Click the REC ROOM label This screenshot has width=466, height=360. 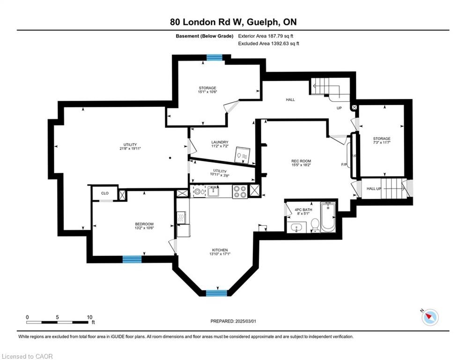(301, 161)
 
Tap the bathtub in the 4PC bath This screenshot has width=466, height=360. (328, 216)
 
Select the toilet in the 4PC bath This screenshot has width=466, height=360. (315, 225)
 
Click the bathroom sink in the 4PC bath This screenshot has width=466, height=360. (297, 228)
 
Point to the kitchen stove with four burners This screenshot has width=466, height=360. (239, 192)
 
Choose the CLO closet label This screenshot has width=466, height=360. (104, 193)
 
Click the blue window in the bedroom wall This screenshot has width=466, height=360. (132, 259)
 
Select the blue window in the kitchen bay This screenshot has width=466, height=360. (216, 293)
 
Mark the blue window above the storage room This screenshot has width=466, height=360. (215, 57)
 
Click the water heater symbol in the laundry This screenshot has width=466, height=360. (243, 155)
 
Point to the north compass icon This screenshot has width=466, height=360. (430, 317)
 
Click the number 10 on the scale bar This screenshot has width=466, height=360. (89, 317)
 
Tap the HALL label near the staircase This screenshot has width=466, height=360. (290, 100)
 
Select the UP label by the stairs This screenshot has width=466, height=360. (339, 108)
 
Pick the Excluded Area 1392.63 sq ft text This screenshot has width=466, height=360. (269, 44)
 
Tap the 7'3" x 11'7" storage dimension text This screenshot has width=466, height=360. (382, 142)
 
